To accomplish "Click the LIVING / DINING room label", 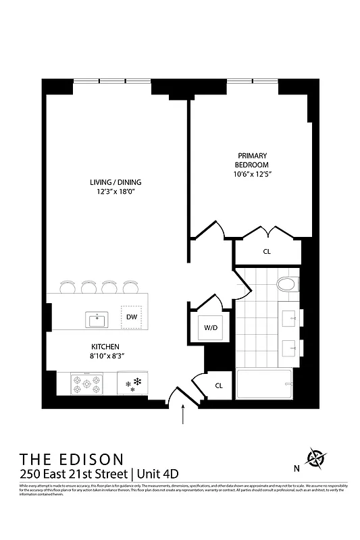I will (115, 182).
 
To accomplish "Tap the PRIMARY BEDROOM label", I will (251, 160).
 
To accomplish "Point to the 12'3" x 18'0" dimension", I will (115, 192).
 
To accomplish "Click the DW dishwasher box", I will (131, 317).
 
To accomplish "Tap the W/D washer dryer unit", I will (210, 328).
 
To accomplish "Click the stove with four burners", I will (86, 385).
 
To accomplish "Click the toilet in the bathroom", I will (286, 284).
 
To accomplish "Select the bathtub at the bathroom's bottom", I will (264, 385).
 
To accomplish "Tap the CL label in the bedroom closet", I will (267, 252).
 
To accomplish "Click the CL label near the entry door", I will (219, 385).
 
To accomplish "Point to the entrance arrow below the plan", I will (183, 415).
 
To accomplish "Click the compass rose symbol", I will (315, 458).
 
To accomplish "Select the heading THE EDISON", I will (72, 459).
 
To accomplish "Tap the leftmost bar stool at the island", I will (68, 288).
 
